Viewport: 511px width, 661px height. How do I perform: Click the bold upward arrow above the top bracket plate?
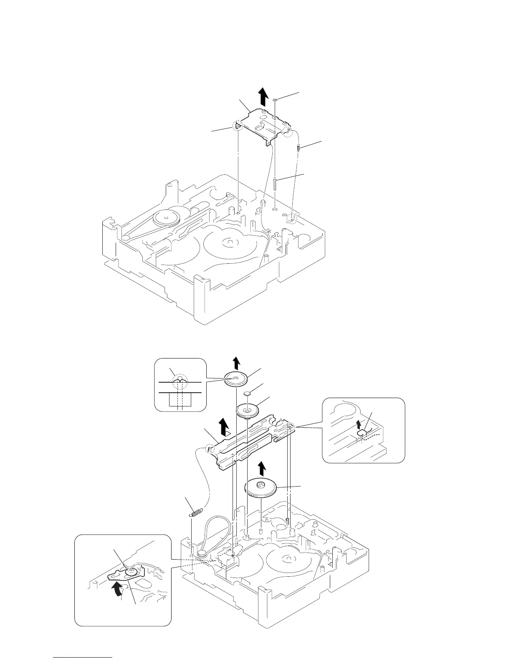263,97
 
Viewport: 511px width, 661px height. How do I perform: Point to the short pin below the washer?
275,183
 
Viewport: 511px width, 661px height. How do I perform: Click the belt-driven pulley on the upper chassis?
166,218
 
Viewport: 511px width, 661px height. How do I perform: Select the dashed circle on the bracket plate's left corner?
238,126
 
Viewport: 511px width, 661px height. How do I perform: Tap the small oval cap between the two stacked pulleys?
249,394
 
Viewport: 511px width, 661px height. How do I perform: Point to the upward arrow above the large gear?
262,468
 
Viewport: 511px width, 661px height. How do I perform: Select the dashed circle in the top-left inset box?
180,381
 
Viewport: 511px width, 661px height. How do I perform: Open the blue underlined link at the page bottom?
83,657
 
